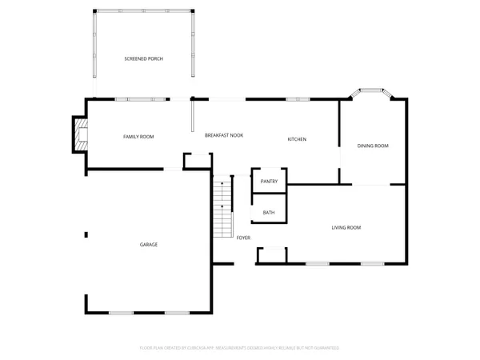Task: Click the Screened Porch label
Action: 144,59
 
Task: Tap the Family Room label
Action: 138,137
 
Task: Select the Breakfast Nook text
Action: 224,137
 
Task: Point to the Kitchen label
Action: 297,140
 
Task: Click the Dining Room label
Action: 373,146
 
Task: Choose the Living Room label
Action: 346,228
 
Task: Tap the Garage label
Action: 149,244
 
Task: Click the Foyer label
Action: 243,238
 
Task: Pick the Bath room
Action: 269,213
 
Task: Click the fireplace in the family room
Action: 78,135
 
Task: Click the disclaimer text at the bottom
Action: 240,348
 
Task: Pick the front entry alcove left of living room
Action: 271,255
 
